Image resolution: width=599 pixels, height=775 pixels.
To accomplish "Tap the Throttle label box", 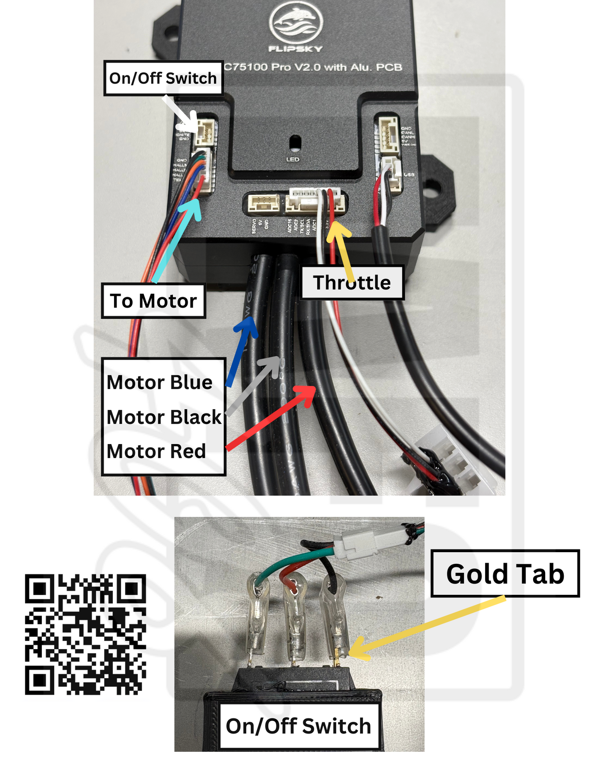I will [352, 283].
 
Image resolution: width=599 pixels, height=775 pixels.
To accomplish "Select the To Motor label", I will [153, 301].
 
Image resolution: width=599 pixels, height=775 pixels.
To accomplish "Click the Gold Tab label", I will [505, 574].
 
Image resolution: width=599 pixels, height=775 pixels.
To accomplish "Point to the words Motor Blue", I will [160, 382].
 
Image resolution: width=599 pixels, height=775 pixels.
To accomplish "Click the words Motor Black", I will [164, 417].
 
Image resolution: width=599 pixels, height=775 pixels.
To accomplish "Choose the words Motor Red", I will [156, 451].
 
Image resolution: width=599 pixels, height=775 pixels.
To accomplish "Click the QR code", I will [85, 634].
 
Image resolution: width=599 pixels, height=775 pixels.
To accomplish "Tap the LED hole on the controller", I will [295, 143].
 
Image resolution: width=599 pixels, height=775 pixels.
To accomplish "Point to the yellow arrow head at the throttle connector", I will [337, 230].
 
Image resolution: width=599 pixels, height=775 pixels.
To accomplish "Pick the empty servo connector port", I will [263, 203].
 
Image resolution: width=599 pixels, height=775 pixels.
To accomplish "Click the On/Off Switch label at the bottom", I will [298, 726].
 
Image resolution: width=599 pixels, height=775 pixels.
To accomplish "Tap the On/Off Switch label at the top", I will [163, 78].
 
